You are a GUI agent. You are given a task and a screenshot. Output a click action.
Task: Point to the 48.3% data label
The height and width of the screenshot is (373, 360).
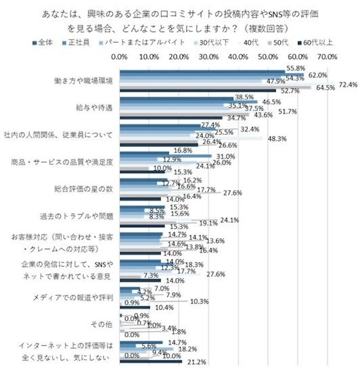pyautogui.click(x=276, y=139)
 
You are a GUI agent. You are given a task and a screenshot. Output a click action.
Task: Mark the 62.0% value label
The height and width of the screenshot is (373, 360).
pyautogui.click(x=318, y=75)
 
